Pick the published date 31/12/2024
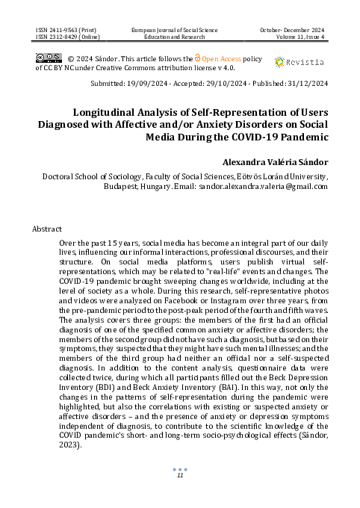[x=302, y=85]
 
